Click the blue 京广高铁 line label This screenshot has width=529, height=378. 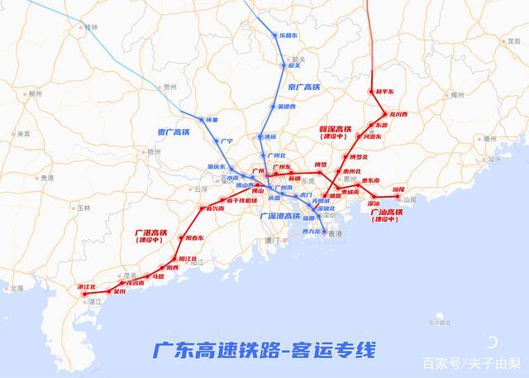[x=303, y=86]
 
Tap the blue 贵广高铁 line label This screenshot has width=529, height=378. [x=173, y=130]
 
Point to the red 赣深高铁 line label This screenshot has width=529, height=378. [x=335, y=129]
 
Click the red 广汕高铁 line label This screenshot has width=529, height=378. [x=385, y=213]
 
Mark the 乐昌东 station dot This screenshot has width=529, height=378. [x=278, y=35]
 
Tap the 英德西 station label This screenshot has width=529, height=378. [x=285, y=107]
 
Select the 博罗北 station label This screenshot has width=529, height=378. [x=358, y=156]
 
